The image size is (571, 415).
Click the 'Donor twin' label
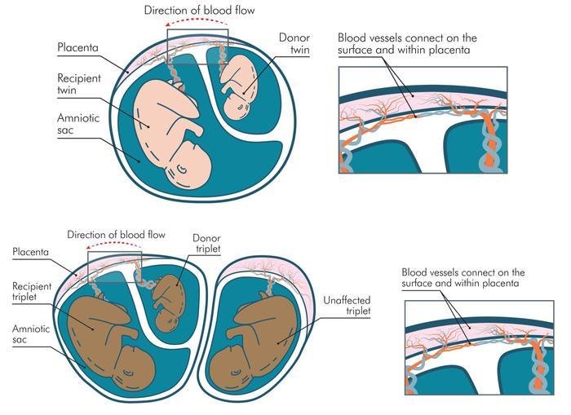[294, 46]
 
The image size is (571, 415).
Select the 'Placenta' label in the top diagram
[78, 46]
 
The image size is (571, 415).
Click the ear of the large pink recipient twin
[187, 169]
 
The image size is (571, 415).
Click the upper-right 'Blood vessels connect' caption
[407, 44]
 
